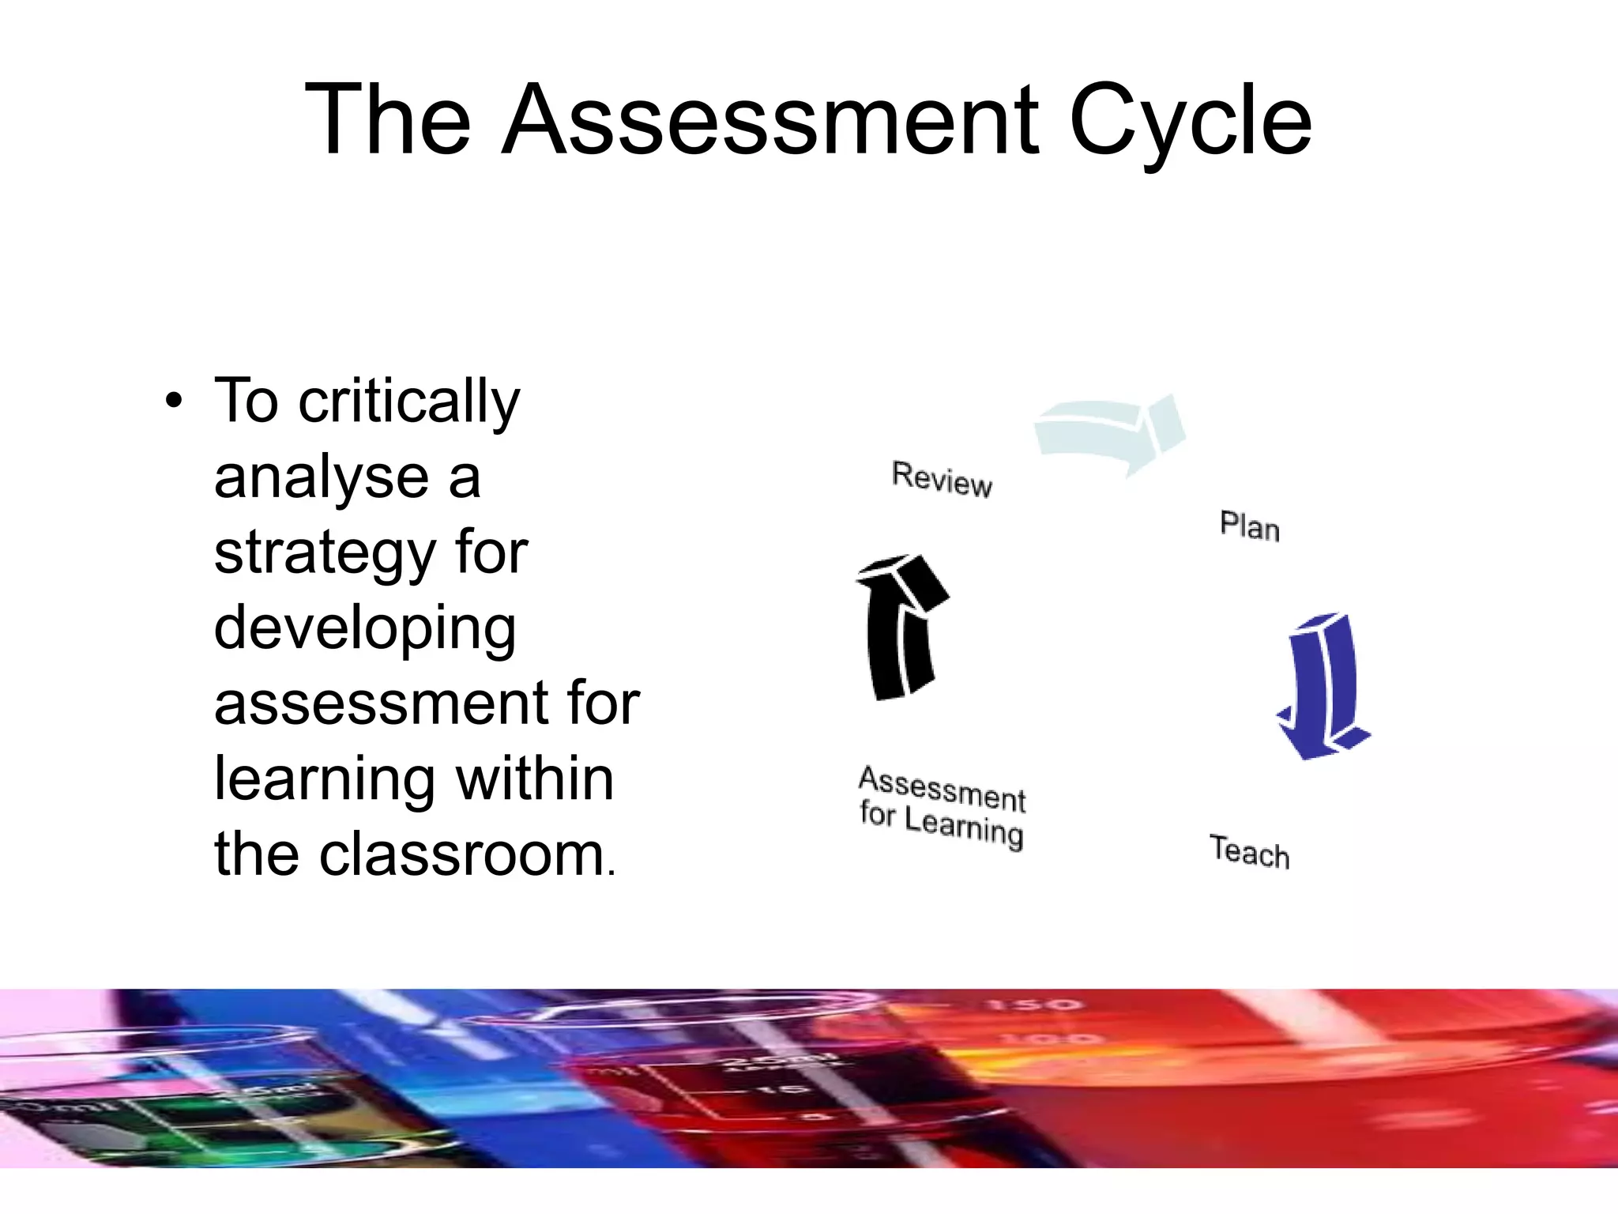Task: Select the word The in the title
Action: tap(388, 120)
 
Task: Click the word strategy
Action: tap(325, 553)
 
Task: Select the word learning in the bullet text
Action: tap(324, 779)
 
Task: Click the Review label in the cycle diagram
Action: tap(942, 479)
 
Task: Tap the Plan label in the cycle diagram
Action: tap(1249, 526)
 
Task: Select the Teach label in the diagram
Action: tap(1249, 851)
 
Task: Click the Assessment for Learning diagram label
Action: tap(942, 806)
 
